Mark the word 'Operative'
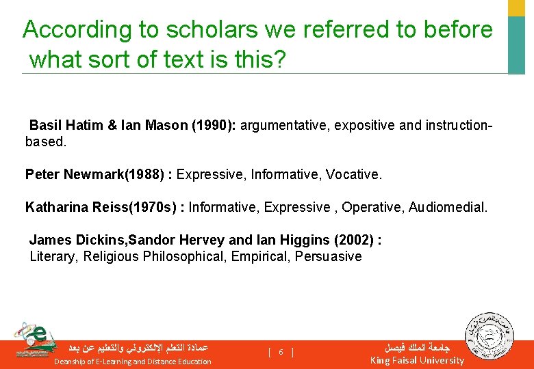pyautogui.click(x=371, y=207)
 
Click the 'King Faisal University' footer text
pyautogui.click(x=417, y=360)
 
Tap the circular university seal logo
pyautogui.click(x=486, y=336)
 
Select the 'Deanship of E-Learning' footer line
pyautogui.click(x=133, y=361)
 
